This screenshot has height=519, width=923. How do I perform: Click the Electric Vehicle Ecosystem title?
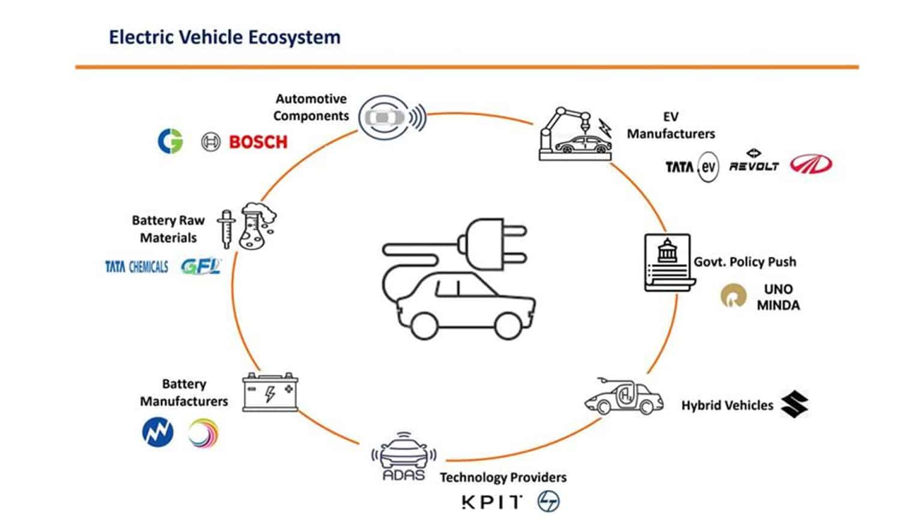click(224, 37)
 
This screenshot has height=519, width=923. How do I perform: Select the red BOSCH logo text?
click(258, 142)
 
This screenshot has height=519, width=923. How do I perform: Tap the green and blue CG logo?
click(170, 141)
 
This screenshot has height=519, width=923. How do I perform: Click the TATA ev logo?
click(691, 166)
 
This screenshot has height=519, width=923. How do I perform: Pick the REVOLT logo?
click(754, 163)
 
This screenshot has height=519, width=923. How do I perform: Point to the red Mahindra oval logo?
click(811, 164)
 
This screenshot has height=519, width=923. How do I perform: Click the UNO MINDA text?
click(778, 297)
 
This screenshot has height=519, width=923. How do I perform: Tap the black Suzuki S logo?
click(794, 404)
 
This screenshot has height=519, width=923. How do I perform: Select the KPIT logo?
click(492, 502)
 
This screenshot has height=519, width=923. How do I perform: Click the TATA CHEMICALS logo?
click(136, 267)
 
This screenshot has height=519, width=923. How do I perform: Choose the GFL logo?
click(201, 266)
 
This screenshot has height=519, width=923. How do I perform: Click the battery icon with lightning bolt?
click(270, 392)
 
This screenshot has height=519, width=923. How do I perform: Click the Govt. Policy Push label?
click(745, 262)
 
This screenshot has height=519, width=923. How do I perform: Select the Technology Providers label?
click(503, 478)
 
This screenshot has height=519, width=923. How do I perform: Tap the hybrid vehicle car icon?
click(623, 397)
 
